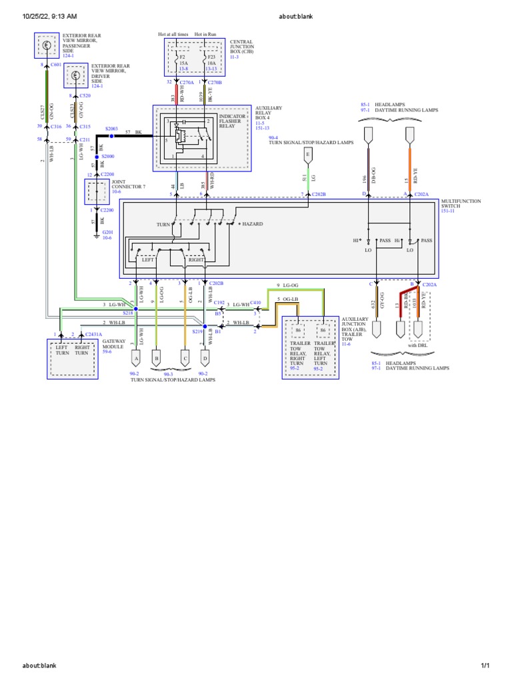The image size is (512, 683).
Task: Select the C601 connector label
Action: (55, 65)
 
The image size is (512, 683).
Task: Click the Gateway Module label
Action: (113, 344)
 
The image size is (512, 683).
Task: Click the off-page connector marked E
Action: (307, 154)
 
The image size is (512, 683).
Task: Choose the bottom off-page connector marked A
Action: (137, 358)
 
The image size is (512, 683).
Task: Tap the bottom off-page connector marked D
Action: (205, 358)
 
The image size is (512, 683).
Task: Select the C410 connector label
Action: (255, 302)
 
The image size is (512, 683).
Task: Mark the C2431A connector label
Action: (94, 333)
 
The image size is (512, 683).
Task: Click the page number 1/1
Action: (485, 666)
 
